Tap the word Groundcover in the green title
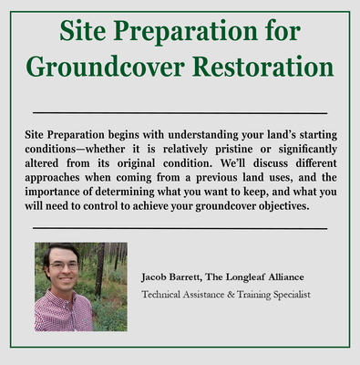point(98,67)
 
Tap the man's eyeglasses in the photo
point(65,266)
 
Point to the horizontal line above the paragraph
point(180,112)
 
